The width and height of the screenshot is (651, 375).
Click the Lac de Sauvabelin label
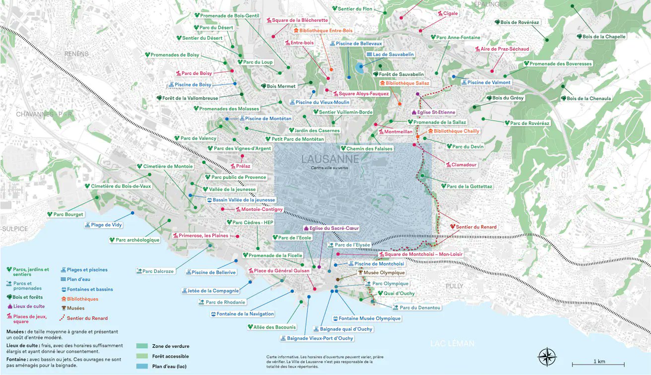coord(390,55)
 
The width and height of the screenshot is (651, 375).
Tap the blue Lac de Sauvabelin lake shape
coord(359,69)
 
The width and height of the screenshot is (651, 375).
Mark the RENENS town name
coord(76,54)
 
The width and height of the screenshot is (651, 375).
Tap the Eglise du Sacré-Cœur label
coord(330,228)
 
